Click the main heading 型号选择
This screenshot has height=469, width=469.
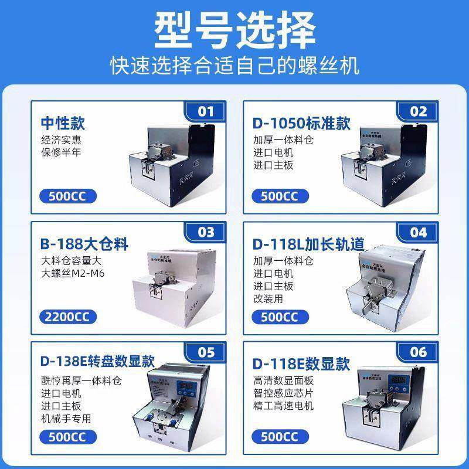coord(235,29)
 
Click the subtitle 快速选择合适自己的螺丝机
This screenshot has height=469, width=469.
coord(235,64)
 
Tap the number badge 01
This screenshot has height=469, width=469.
coord(206,111)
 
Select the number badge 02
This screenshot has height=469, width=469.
coord(419,111)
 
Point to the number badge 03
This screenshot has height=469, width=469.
coord(206,232)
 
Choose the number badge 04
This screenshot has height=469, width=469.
coord(419,232)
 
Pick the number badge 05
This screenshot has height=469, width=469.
coord(206,353)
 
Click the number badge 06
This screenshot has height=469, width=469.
coord(419,353)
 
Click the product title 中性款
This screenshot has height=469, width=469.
coord(63,124)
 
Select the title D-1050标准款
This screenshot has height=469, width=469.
coord(301,124)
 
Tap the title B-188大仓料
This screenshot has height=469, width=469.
coord(84,243)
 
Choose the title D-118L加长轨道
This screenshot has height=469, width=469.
coord(308,243)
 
